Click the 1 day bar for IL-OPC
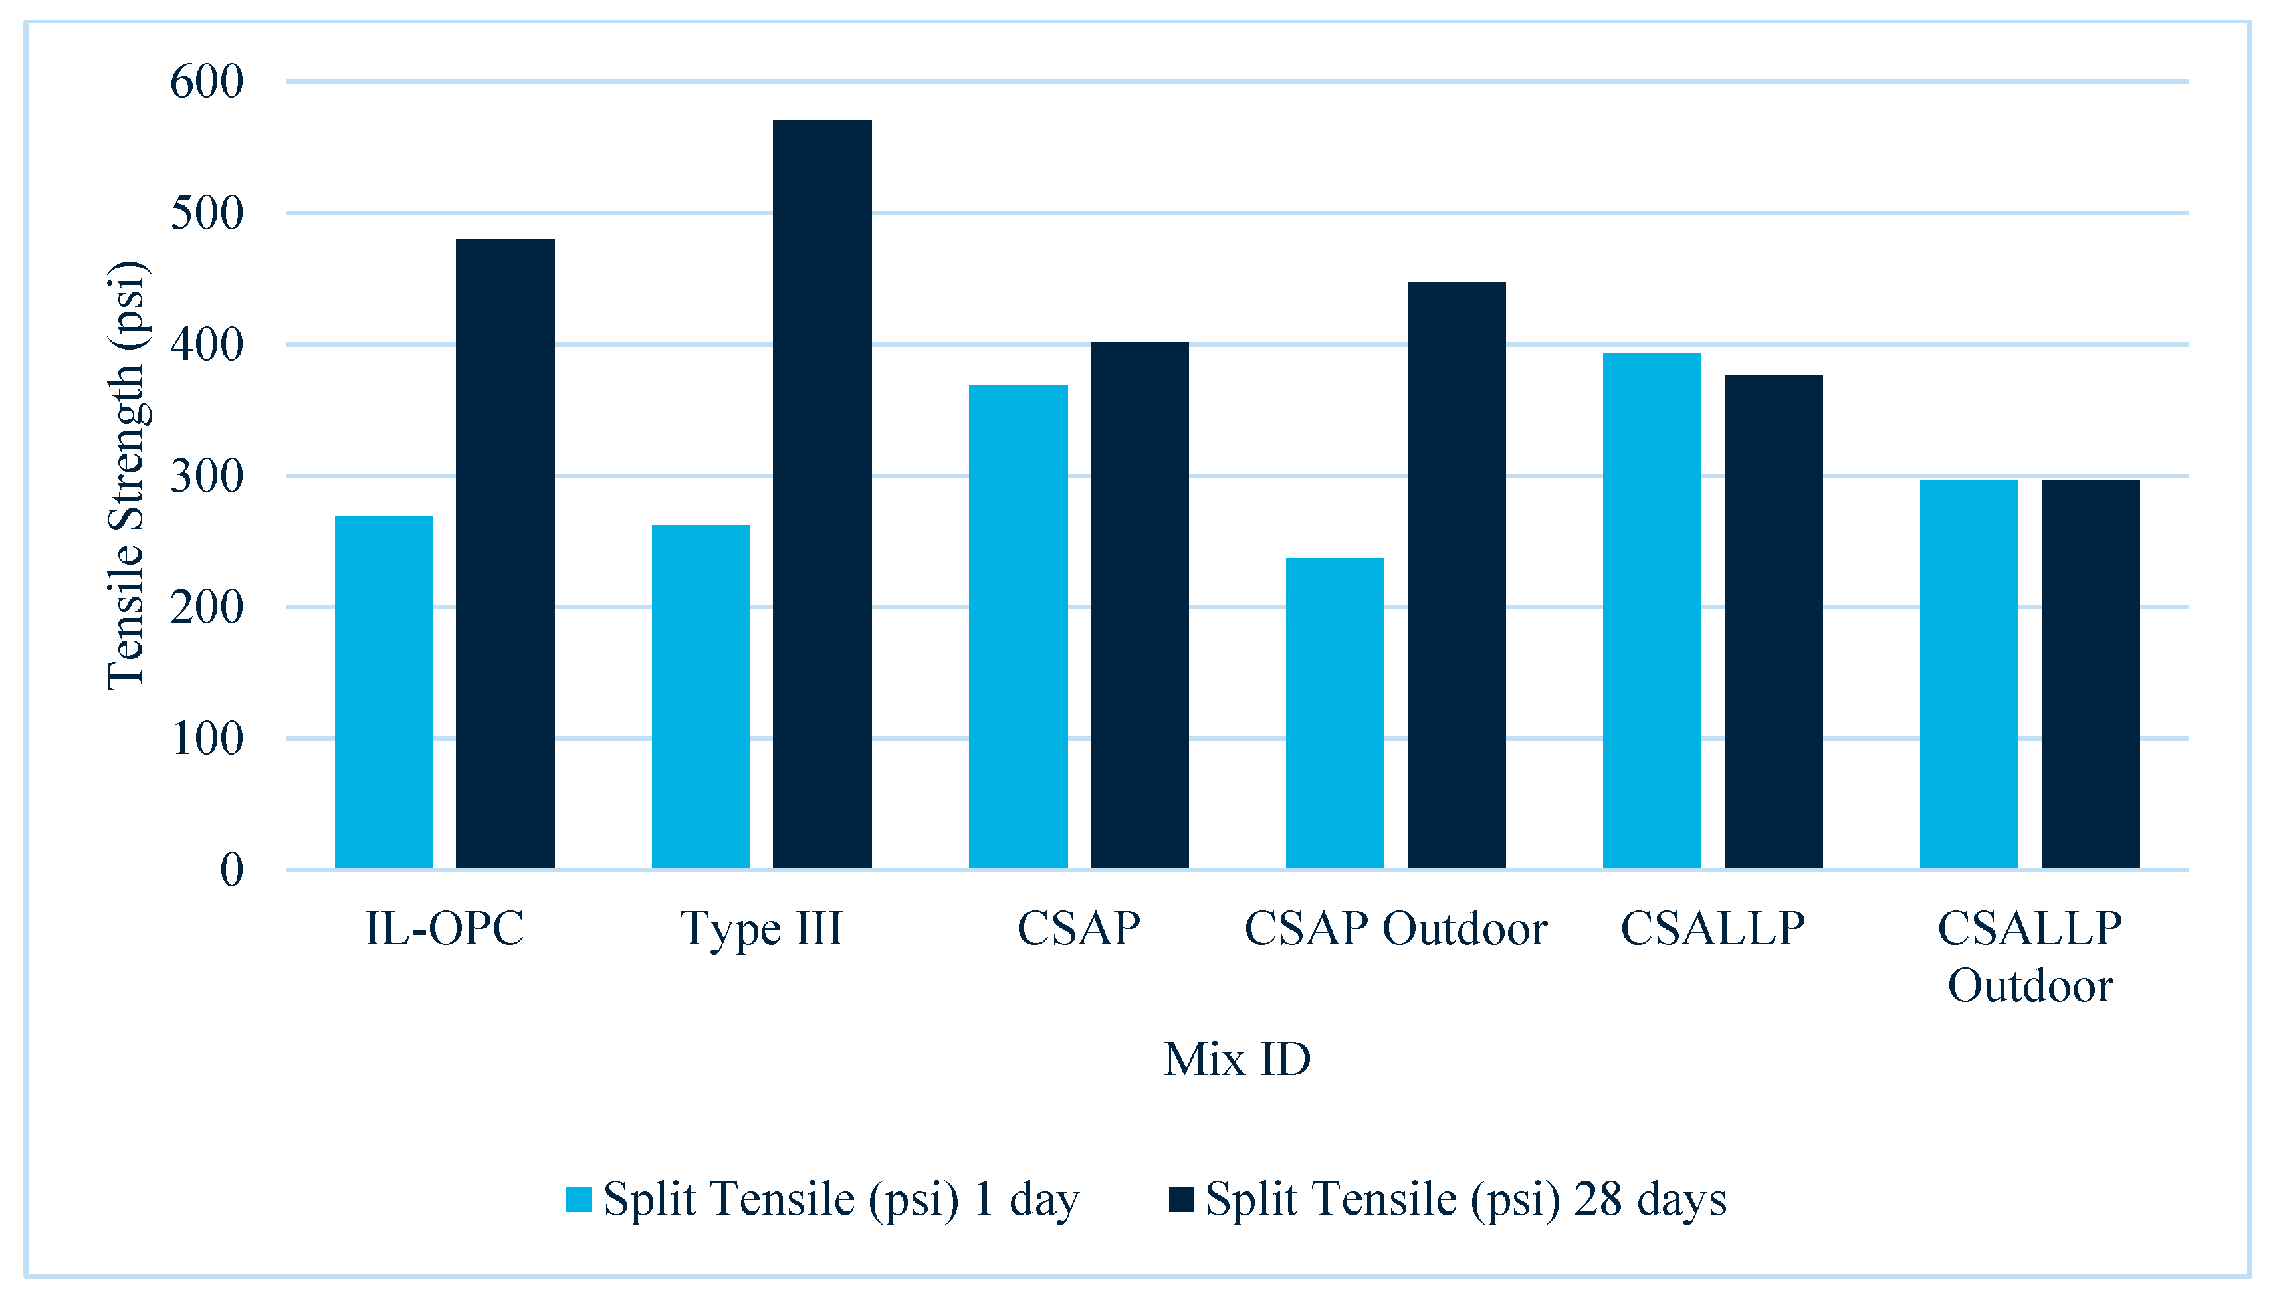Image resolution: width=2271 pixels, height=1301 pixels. [383, 692]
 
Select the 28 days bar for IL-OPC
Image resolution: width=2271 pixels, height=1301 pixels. [505, 554]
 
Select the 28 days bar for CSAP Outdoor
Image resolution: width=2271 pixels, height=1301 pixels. [1456, 575]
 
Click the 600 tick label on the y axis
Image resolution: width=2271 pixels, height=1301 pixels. [207, 82]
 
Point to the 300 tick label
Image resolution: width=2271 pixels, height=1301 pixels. [207, 477]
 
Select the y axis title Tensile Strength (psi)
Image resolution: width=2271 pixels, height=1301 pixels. [126, 475]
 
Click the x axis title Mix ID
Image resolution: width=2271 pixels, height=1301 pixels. [1237, 1060]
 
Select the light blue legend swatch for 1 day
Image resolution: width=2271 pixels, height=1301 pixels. [579, 1200]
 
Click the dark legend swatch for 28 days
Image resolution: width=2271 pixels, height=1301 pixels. [1180, 1200]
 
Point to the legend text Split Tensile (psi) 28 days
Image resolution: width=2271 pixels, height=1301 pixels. [1465, 1200]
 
